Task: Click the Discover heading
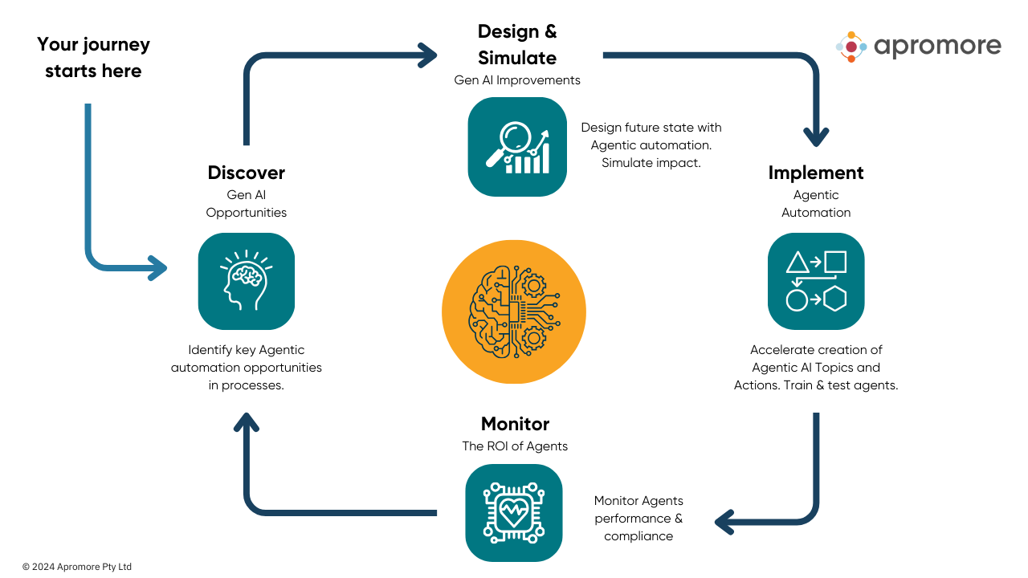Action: [x=246, y=173]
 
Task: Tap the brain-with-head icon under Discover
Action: [x=246, y=281]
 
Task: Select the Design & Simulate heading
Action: [x=516, y=44]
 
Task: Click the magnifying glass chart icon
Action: [x=516, y=146]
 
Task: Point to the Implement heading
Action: [x=815, y=173]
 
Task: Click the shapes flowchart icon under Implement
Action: [x=815, y=281]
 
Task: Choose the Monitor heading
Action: [x=515, y=424]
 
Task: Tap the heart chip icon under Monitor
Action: [x=513, y=512]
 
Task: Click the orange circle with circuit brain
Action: [x=513, y=311]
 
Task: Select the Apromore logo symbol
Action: [x=851, y=47]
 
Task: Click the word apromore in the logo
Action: [x=937, y=47]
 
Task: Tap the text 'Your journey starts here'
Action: [x=93, y=57]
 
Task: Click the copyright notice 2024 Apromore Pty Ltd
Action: [x=77, y=567]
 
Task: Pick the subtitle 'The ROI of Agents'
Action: [x=515, y=446]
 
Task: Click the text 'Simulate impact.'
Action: [x=651, y=162]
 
